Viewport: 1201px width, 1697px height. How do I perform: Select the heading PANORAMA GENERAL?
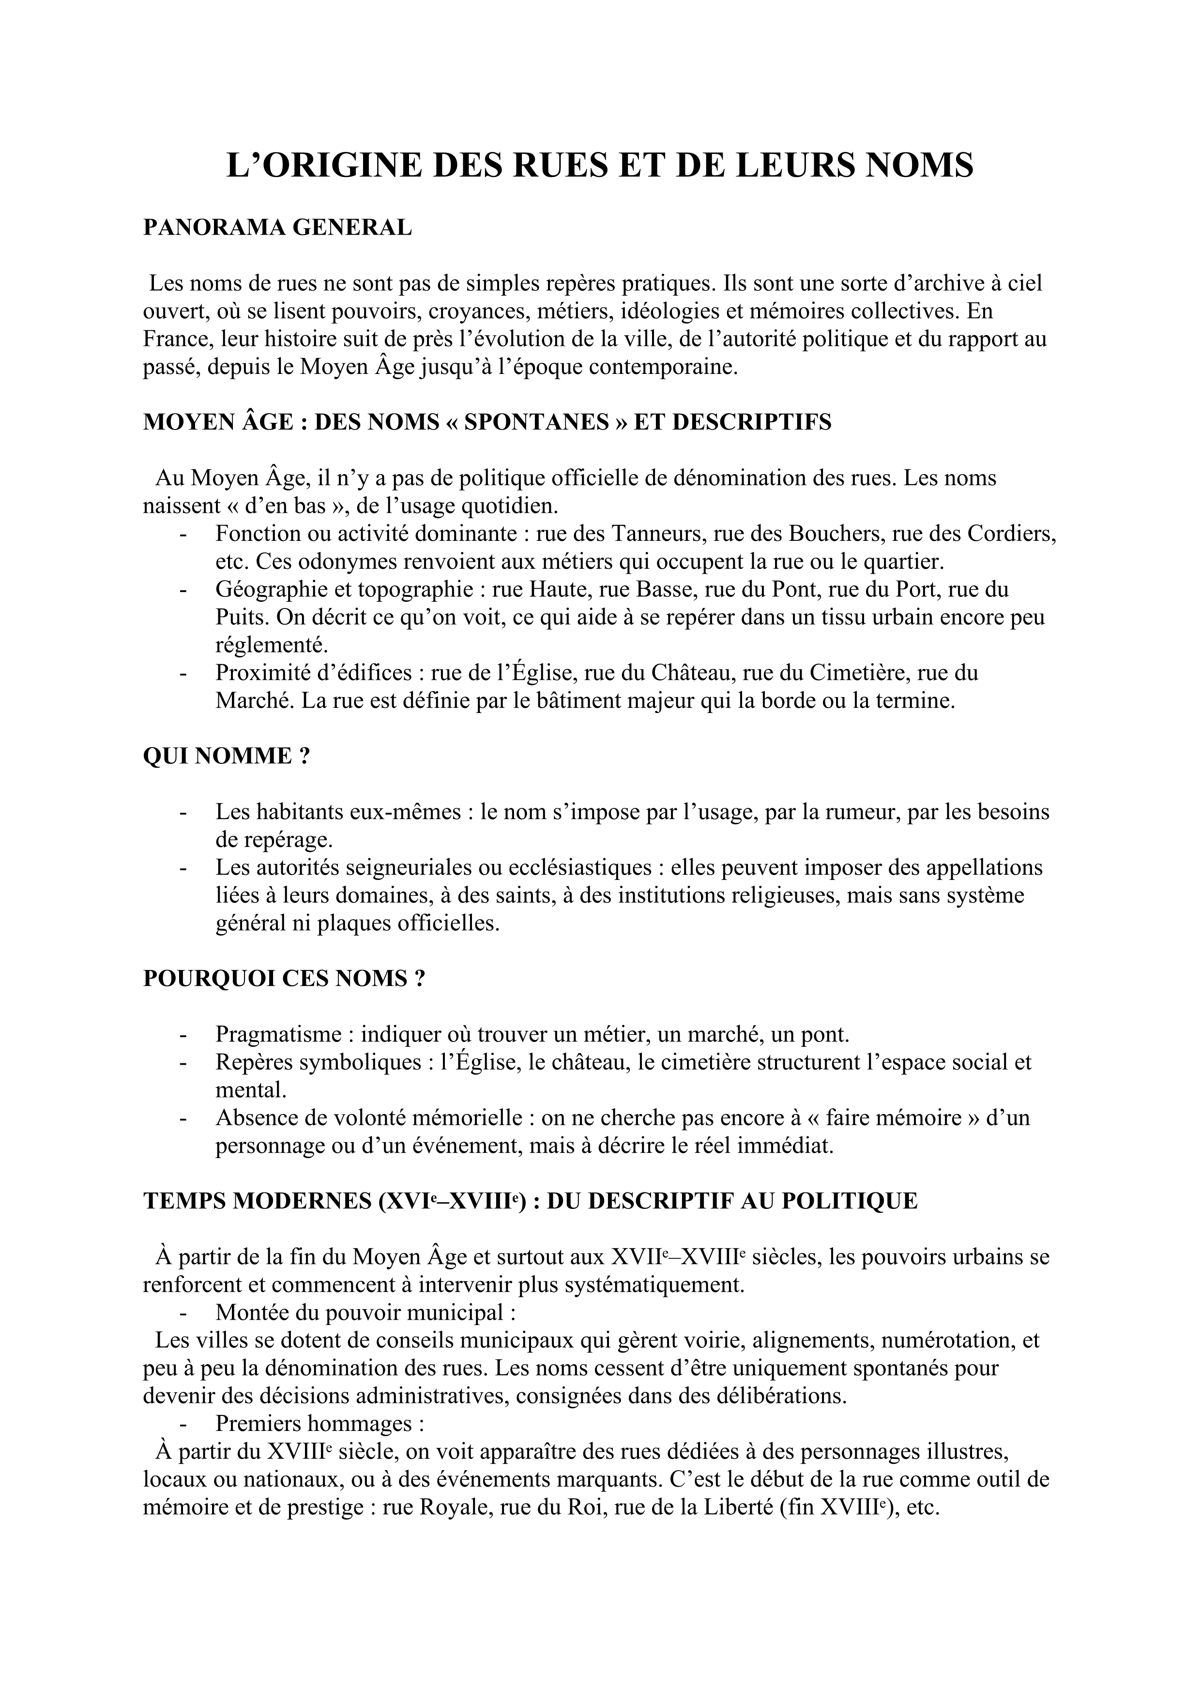point(277,228)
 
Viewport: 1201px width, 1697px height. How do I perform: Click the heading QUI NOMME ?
point(226,756)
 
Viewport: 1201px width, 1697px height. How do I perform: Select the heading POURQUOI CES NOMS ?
point(284,979)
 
